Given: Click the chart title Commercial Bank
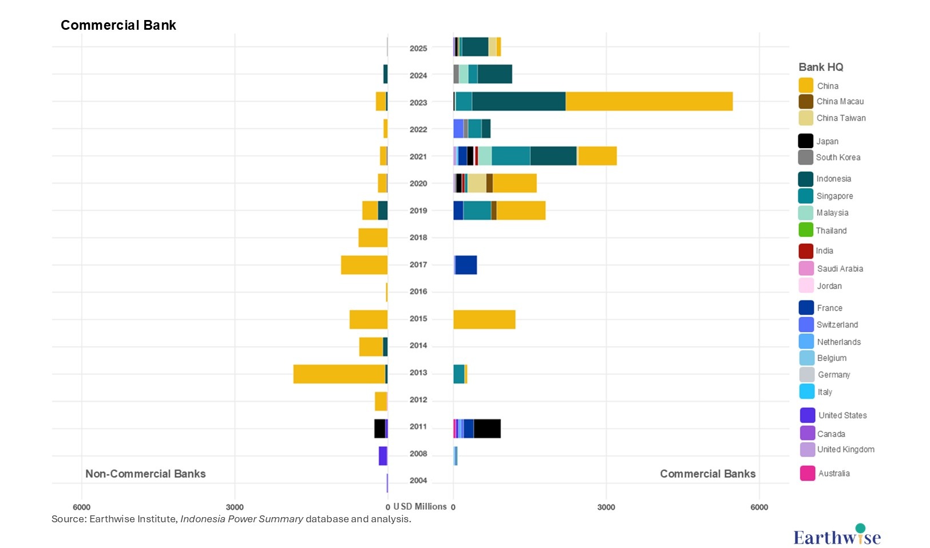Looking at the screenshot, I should (x=118, y=25).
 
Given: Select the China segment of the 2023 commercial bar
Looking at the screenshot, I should (x=648, y=101).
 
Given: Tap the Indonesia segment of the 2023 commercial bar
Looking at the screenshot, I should (x=519, y=101).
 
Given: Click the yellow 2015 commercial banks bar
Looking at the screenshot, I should (x=484, y=319).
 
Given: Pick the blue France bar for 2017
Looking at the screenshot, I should (x=466, y=265).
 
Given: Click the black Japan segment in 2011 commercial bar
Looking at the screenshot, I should (x=487, y=428).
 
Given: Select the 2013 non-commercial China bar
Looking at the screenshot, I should (x=339, y=374).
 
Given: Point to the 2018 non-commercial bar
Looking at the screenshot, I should (x=373, y=237).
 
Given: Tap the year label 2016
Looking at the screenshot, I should (x=418, y=292).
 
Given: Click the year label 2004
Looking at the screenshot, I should (x=418, y=481).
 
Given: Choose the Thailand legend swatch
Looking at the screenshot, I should (x=806, y=230).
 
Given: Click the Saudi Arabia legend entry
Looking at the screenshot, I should (x=840, y=268).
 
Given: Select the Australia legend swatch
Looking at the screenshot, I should (x=807, y=473).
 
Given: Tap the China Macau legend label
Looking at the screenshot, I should (x=840, y=101).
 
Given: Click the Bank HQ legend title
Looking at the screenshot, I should (x=821, y=67).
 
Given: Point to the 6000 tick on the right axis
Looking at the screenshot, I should (x=759, y=507).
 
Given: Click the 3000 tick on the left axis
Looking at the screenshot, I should (x=235, y=507).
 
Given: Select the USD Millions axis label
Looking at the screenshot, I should (x=420, y=507).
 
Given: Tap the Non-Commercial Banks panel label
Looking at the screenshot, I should (x=145, y=474).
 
